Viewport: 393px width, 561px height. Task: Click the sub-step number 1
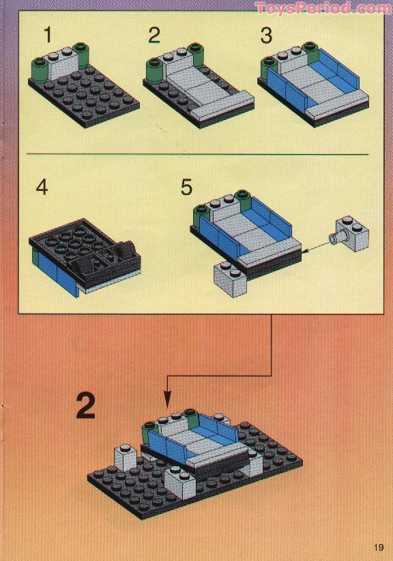48,35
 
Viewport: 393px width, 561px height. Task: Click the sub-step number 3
266,35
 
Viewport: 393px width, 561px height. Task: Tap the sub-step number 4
42,187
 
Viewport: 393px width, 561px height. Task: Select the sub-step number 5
186,187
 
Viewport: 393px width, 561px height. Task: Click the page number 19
378,547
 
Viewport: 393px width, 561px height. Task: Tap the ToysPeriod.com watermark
323,7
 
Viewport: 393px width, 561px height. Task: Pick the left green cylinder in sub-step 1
40,70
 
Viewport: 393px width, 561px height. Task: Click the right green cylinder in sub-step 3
310,51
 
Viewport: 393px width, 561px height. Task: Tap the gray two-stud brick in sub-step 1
63,63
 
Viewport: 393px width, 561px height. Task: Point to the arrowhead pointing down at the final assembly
167,399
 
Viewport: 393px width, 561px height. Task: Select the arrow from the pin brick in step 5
316,247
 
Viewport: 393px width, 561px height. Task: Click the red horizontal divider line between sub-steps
198,155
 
